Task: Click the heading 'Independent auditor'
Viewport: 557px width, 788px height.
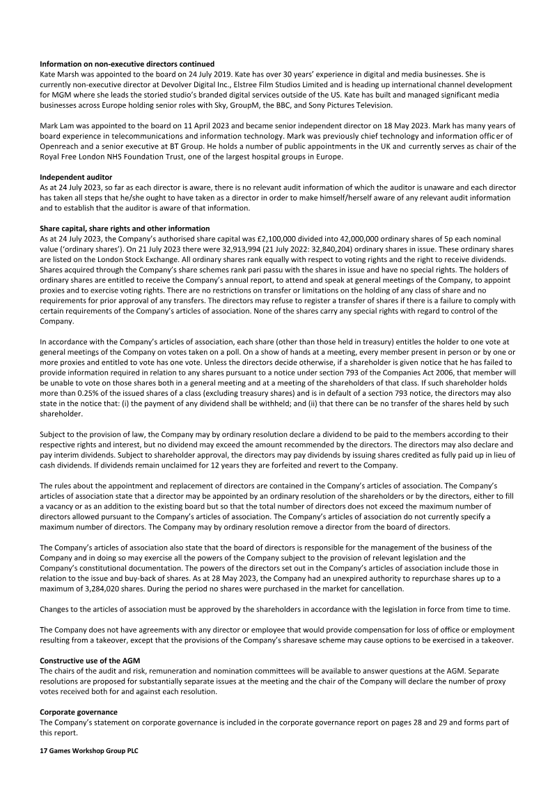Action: click(x=71, y=177)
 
